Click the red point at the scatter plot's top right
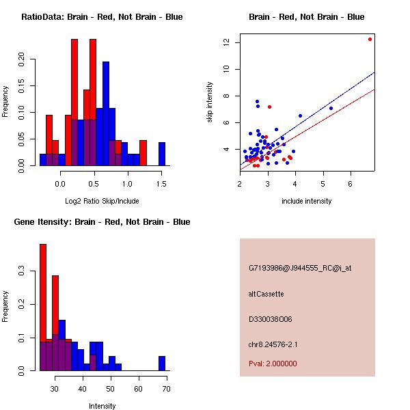click(370, 39)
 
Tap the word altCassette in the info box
click(266, 294)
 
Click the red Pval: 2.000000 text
click(273, 364)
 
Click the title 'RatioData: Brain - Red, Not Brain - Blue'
click(102, 17)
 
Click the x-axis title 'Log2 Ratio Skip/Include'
click(102, 201)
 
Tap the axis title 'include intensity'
click(307, 201)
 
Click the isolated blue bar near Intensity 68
click(162, 363)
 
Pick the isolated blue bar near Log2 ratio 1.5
click(162, 153)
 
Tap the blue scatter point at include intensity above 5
click(331, 108)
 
